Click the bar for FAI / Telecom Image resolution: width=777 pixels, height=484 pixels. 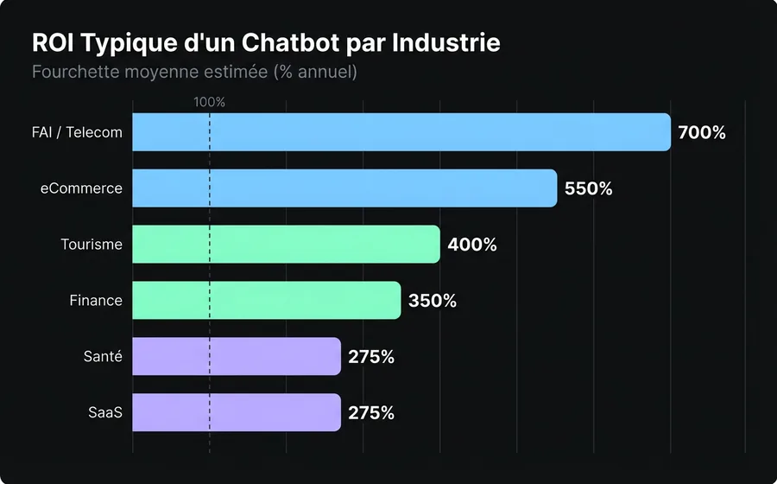pos(401,132)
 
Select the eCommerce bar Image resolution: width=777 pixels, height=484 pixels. pos(344,188)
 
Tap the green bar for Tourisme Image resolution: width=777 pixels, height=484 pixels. pos(286,245)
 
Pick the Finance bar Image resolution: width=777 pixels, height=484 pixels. pos(266,300)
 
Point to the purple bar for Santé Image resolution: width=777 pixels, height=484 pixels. pos(237,356)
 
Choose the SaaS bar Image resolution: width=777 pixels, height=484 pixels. pos(237,412)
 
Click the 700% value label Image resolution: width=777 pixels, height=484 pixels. pos(702,133)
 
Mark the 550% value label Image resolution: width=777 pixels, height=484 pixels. pos(588,188)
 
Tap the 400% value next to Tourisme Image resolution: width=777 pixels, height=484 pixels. pos(471,245)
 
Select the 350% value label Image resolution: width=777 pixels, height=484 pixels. pos(432,301)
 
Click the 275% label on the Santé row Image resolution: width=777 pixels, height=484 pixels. pos(371,357)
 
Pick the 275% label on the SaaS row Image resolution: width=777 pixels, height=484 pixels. pos(371,413)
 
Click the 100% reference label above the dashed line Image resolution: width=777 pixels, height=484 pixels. pos(209,102)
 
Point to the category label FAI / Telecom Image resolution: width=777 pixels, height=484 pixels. pos(76,133)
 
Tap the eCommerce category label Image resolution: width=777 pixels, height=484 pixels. pos(81,188)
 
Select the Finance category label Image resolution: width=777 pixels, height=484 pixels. pos(96,301)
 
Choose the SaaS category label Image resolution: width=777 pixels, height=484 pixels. pos(105,413)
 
